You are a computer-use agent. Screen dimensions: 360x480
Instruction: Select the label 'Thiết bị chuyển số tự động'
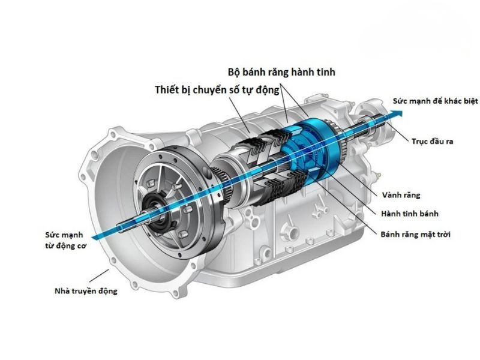217,91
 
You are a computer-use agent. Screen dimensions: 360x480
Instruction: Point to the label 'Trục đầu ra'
431,142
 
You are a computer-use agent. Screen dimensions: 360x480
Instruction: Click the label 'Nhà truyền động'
82,291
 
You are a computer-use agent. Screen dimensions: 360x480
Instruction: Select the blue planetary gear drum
312,144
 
